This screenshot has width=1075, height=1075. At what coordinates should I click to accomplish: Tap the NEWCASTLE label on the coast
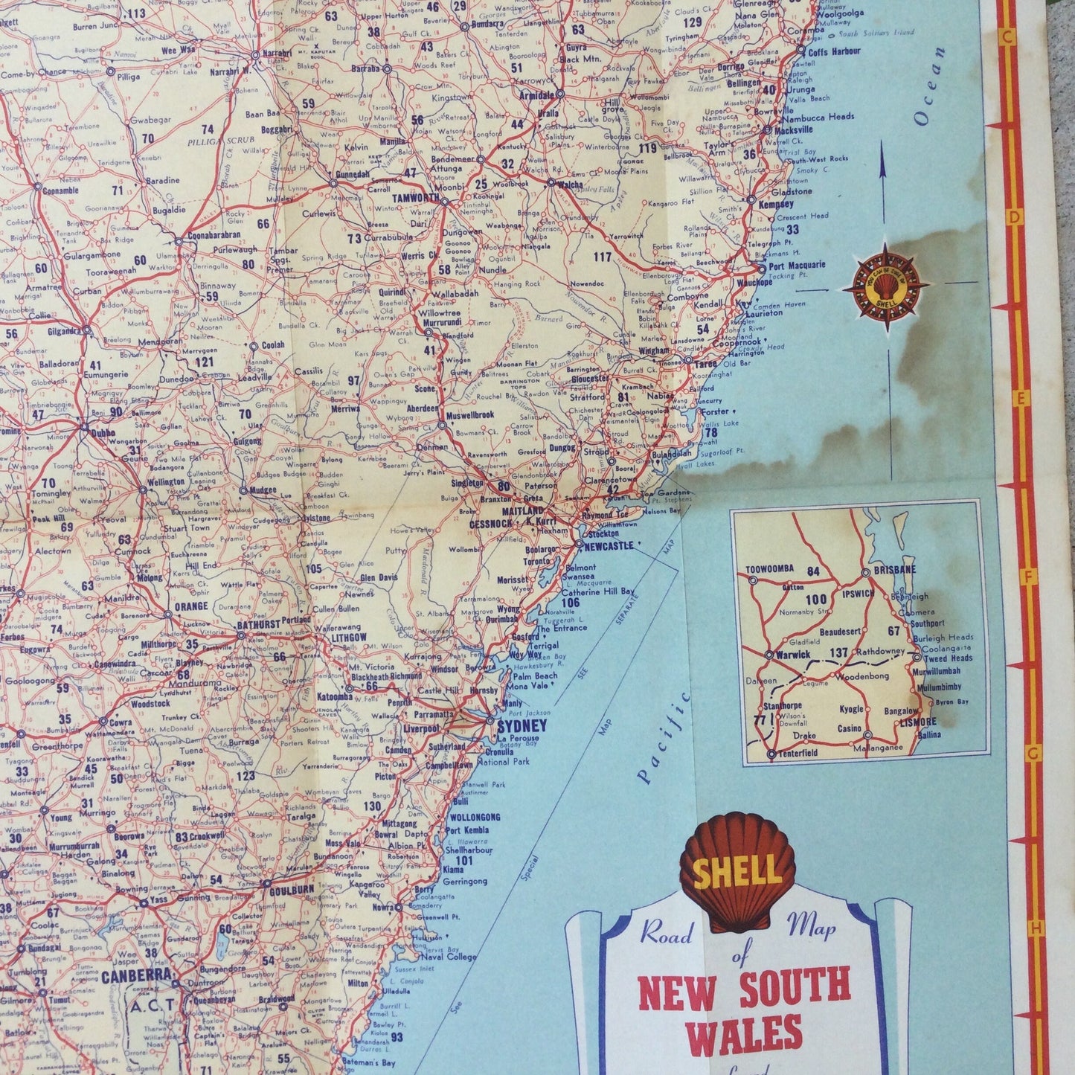(609, 545)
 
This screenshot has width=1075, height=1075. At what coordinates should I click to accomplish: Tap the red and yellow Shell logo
(737, 871)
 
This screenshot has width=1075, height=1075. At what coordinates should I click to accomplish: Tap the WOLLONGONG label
(474, 817)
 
